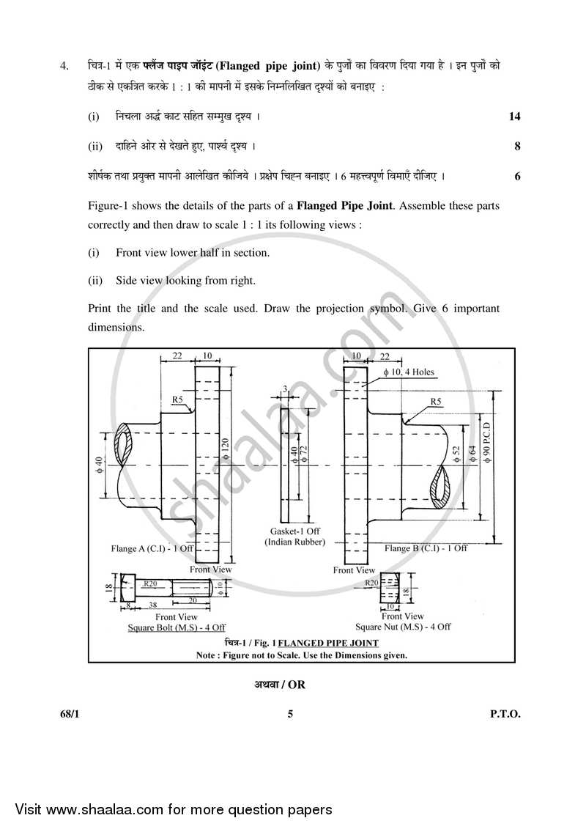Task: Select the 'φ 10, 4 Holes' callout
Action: [408, 372]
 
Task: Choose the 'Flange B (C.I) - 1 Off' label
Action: [426, 548]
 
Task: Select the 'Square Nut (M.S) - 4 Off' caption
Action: [403, 627]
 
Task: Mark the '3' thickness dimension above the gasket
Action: [285, 388]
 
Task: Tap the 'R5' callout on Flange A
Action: [177, 399]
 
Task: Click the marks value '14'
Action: [514, 117]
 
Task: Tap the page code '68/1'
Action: [70, 714]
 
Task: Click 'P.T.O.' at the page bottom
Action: [505, 714]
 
